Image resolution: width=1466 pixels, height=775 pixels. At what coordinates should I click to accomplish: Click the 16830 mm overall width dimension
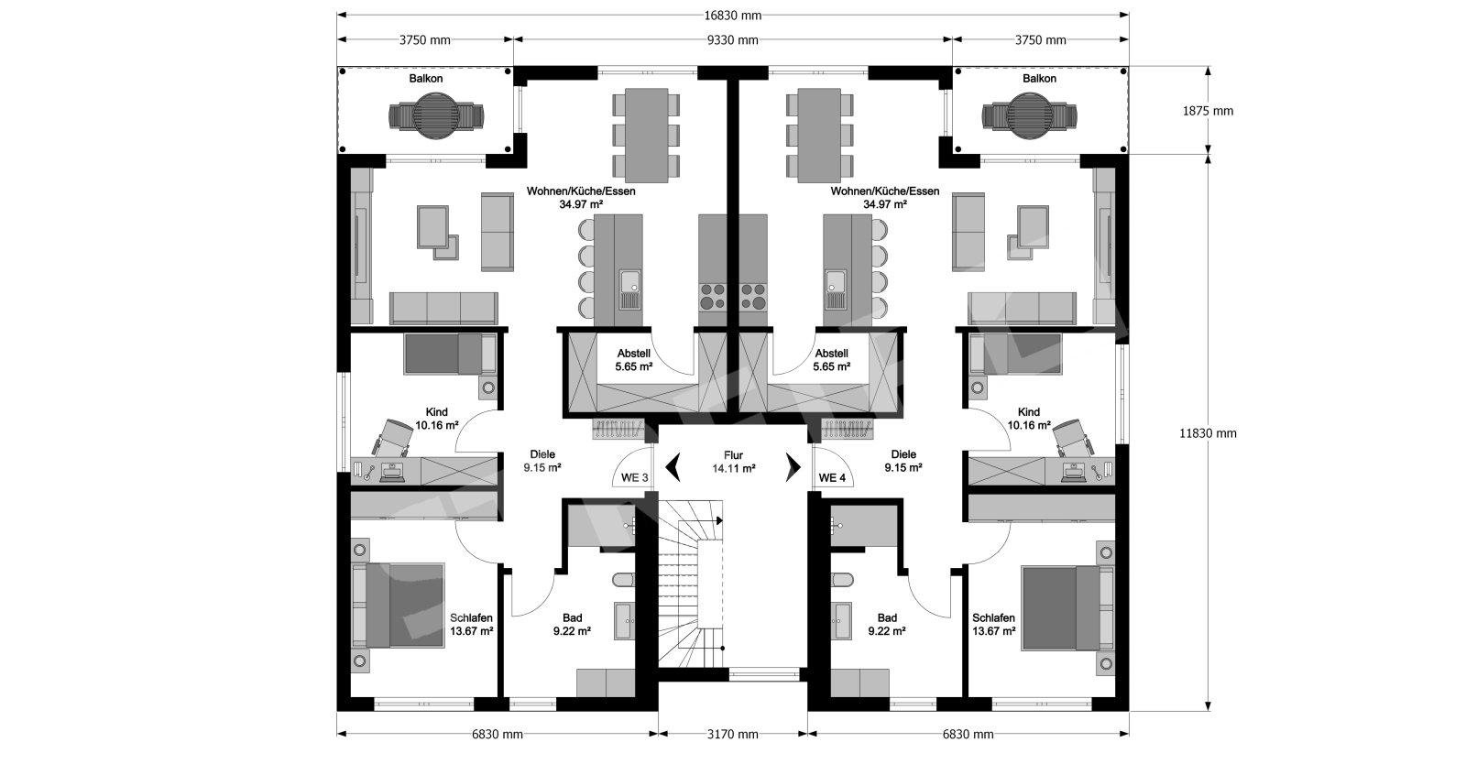[x=732, y=16]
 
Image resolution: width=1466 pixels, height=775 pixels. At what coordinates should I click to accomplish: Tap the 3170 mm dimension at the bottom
[x=732, y=735]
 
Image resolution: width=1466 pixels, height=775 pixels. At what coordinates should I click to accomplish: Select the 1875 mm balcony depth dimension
[x=1208, y=111]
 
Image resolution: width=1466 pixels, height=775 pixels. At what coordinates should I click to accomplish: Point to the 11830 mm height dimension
[x=1208, y=432]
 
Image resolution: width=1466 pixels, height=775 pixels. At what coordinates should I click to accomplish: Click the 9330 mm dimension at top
[x=732, y=40]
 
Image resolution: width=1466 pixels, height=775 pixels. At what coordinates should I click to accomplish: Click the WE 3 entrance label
[x=634, y=478]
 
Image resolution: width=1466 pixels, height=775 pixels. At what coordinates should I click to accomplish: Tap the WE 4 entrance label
[x=832, y=478]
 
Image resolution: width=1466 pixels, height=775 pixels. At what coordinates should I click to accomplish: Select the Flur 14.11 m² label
[x=734, y=462]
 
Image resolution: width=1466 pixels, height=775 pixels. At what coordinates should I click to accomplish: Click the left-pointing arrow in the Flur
[x=673, y=466]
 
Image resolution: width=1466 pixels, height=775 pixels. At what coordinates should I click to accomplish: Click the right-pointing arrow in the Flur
[x=793, y=466]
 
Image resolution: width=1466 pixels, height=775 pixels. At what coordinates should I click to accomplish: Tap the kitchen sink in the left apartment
[x=631, y=289]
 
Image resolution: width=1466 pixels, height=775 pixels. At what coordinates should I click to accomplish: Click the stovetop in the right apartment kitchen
[x=752, y=296]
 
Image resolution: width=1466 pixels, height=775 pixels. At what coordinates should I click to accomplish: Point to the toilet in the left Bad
[x=623, y=580]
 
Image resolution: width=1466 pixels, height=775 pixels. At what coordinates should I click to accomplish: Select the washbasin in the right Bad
[x=841, y=620]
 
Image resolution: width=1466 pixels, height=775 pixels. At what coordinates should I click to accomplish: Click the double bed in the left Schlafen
[x=399, y=605]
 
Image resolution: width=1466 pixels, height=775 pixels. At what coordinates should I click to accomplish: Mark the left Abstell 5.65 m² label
[x=633, y=360]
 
